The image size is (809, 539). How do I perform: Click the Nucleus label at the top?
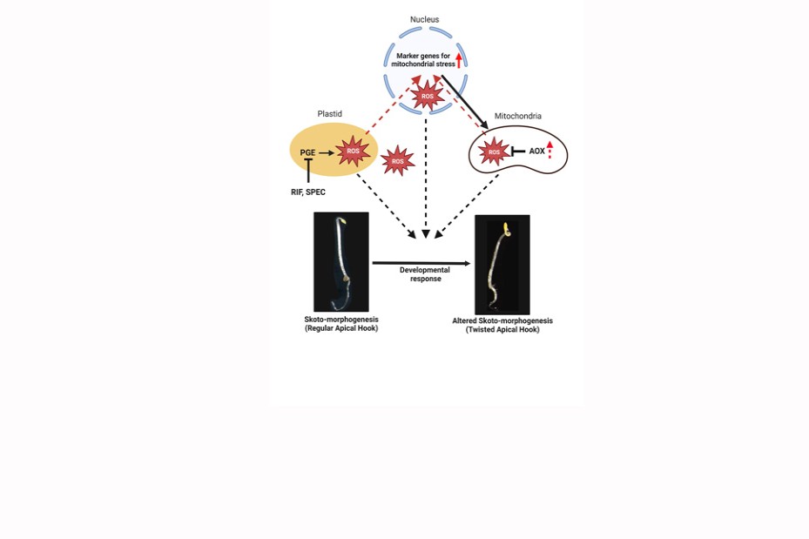426,18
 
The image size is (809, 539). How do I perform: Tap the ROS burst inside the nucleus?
427,96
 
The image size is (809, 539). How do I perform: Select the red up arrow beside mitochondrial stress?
459,60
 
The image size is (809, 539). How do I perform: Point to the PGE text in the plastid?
307,152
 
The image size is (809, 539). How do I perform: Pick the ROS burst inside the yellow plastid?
353,152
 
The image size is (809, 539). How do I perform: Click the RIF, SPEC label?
308,192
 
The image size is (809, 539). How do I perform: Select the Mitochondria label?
518,116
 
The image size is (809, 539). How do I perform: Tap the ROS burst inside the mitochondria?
495,152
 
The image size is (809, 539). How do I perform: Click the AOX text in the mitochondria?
536,152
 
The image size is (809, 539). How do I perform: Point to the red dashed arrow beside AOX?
550,150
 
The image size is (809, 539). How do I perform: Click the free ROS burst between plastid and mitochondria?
398,161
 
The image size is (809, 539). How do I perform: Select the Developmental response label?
425,274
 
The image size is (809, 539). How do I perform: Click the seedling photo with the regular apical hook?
340,261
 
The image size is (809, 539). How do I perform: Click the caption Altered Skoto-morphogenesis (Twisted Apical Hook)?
502,325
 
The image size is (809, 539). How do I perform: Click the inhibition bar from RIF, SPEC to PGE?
308,172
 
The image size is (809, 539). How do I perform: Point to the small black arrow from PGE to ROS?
327,152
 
